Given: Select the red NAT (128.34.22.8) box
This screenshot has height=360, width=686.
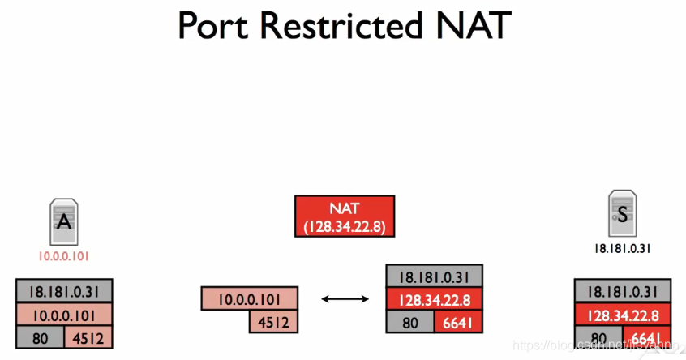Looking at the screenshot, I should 345,216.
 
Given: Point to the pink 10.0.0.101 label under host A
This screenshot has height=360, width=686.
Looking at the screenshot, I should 63,255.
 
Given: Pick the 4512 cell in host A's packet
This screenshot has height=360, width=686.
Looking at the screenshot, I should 88,337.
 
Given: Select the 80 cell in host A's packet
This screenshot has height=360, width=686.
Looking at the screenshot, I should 40,337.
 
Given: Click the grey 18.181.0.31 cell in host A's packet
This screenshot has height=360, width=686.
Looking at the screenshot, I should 64,291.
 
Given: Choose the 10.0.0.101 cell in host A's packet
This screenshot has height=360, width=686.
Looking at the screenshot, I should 64,314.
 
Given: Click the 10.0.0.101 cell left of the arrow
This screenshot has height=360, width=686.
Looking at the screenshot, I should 249,298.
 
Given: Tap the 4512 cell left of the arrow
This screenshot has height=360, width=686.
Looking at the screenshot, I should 272,321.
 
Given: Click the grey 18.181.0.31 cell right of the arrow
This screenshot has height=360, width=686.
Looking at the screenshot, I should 435,276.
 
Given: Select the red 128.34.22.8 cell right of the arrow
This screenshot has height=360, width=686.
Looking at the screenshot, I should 435,299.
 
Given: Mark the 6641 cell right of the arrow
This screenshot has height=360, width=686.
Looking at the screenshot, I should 459,322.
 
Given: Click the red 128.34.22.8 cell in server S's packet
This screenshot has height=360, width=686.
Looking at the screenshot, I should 623,315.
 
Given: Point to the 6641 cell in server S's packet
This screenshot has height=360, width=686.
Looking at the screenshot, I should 647,337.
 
